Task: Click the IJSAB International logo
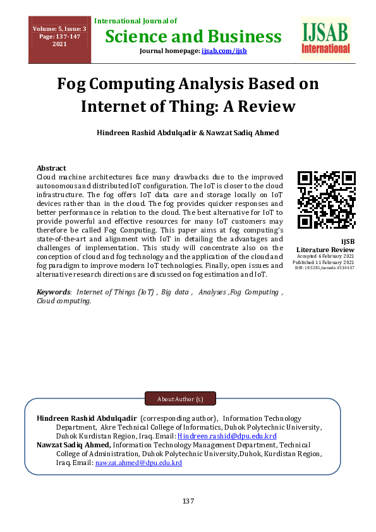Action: pos(325,39)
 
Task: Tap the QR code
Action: pos(326,200)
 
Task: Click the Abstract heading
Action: pos(51,169)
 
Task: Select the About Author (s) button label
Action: pos(180,399)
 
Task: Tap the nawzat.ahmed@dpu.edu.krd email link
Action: pos(138,462)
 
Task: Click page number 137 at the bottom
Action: pos(188,501)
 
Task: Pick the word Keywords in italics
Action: pos(54,292)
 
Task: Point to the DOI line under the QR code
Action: pos(325,268)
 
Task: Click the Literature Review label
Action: pos(325,250)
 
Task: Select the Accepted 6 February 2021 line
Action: pos(325,256)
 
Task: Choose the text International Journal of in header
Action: pos(135,21)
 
